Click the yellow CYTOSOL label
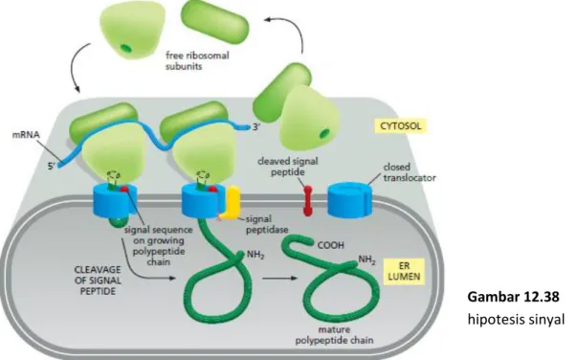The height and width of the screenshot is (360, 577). coord(401,125)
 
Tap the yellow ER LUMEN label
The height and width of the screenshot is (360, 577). coord(404,271)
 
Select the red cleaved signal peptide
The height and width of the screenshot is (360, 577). coord(307,201)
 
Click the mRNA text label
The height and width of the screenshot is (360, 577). coord(26,135)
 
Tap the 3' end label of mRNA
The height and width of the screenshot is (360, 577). coord(256,127)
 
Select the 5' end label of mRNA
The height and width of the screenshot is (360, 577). coord(51,167)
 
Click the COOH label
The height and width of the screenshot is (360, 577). coord(330,245)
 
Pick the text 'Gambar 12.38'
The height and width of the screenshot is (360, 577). coord(513,297)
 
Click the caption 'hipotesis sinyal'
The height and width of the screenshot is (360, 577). coord(516,319)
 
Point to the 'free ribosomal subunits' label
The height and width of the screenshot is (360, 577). coord(197,60)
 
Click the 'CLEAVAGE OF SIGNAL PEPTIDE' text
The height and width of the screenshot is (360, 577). coord(98,281)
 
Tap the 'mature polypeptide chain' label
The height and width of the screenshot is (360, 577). coord(334,334)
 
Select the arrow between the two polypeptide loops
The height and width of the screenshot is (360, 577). coord(279,278)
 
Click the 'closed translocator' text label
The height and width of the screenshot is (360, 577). coord(410,172)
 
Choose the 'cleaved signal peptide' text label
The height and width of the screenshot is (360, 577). coord(288,167)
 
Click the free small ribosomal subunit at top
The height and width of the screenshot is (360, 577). coord(215,22)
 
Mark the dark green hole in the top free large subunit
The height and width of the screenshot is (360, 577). coord(126,48)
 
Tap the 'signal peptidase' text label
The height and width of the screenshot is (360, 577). coord(267,225)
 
